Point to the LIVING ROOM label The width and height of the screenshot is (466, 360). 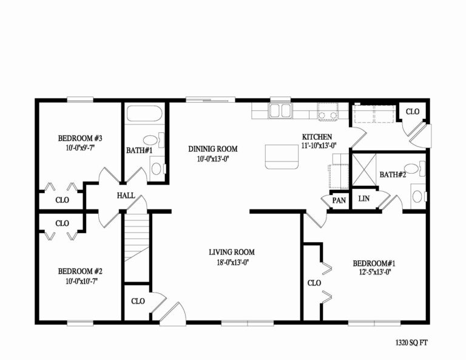[231, 252]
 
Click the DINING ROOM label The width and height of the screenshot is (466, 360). [212, 149]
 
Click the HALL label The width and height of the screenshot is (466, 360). [126, 195]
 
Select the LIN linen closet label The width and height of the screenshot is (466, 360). [364, 199]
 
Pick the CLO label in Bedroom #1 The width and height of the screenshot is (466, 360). [314, 283]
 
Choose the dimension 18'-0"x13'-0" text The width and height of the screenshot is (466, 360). [231, 262]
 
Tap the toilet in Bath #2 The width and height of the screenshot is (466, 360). [417, 196]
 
